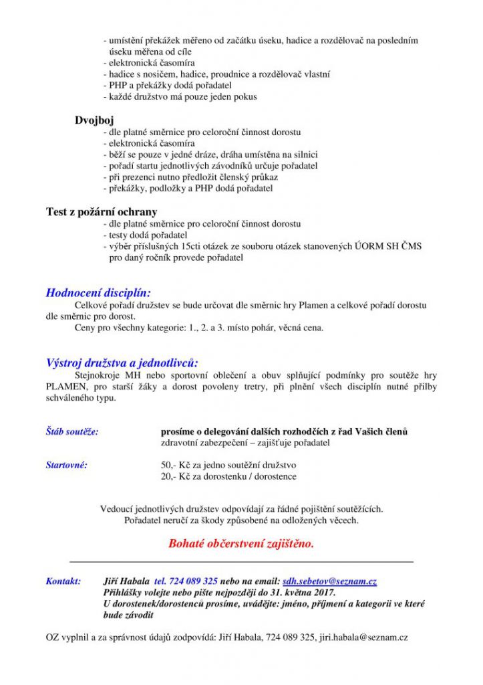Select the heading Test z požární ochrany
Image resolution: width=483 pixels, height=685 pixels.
pyautogui.click(x=102, y=212)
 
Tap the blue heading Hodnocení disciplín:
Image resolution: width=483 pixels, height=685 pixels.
pyautogui.click(x=98, y=292)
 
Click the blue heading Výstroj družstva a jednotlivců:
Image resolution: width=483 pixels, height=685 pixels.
pyautogui.click(x=122, y=363)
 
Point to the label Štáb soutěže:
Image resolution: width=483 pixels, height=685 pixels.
pyautogui.click(x=72, y=431)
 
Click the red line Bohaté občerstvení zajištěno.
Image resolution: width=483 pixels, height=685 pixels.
pyautogui.click(x=241, y=543)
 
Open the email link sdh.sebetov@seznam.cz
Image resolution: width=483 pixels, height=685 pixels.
pyautogui.click(x=329, y=581)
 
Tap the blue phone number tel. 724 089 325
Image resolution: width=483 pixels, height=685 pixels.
pyautogui.click(x=186, y=581)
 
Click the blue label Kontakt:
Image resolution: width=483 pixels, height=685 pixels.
pyautogui.click(x=63, y=581)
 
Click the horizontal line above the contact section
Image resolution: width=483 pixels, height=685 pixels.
pyautogui.click(x=241, y=561)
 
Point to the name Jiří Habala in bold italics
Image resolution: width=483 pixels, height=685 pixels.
pyautogui.click(x=127, y=581)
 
